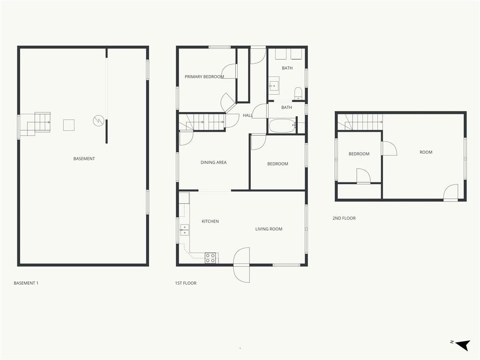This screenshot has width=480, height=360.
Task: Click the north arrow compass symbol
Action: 463,345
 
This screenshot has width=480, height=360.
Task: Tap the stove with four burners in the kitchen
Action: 210,258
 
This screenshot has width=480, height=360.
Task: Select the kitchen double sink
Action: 184,230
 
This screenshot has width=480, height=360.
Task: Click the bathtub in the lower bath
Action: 282,126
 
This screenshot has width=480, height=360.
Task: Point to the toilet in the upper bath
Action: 298,93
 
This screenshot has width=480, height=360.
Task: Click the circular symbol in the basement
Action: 98,120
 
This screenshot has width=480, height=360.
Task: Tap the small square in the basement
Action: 69,125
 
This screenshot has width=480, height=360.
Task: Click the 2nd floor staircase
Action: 360,122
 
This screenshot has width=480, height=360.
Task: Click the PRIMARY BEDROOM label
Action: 204,76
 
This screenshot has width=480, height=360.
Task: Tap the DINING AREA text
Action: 213,162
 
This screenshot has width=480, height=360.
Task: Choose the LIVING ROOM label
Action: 269,229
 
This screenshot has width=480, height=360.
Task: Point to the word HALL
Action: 247,115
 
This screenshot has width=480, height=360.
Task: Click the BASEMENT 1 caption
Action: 26,283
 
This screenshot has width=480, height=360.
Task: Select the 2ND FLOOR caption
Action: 344,218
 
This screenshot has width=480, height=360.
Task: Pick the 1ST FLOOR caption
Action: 186,283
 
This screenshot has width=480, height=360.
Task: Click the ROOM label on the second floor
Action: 426,152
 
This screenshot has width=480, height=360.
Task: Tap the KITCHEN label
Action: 210,221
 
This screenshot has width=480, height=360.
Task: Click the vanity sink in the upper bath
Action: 274,85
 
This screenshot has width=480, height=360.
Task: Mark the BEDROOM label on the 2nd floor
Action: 359,154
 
